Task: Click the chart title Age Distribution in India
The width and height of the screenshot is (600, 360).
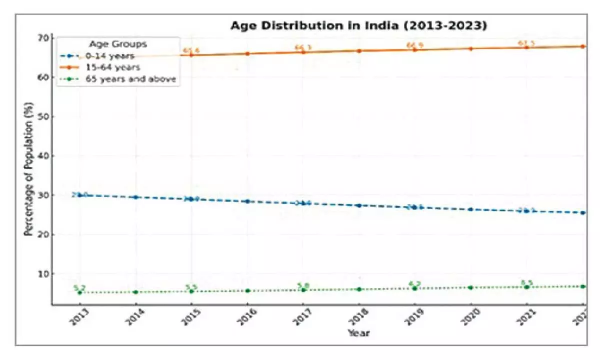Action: pyautogui.click(x=358, y=26)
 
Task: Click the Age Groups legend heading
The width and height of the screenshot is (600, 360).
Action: pyautogui.click(x=117, y=43)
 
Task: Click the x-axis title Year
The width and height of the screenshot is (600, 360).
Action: pyautogui.click(x=358, y=333)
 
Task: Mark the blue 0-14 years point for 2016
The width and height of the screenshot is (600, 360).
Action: pyautogui.click(x=247, y=201)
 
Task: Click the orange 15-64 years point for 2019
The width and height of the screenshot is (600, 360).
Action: pyautogui.click(x=414, y=49)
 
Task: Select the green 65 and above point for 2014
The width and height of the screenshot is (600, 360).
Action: pyautogui.click(x=135, y=292)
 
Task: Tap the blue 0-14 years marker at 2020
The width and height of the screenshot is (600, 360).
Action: pyautogui.click(x=470, y=209)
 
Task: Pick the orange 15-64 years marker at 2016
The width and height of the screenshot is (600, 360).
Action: pyautogui.click(x=247, y=53)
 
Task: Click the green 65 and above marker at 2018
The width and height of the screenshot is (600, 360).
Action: pyautogui.click(x=359, y=289)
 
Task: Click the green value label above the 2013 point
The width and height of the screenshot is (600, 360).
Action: pyautogui.click(x=79, y=287)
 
